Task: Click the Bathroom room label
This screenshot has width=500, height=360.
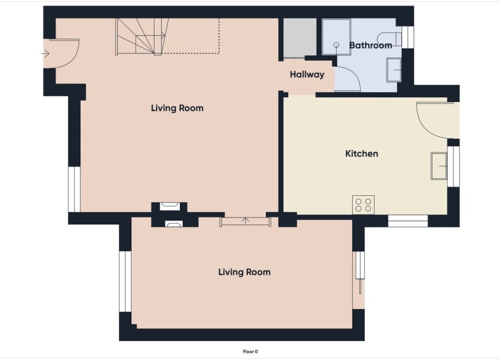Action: pyautogui.click(x=371, y=45)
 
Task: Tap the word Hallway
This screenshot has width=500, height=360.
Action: pyautogui.click(x=307, y=75)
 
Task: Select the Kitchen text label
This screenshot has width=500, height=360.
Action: pyautogui.click(x=361, y=154)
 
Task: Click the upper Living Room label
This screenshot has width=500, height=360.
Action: pyautogui.click(x=177, y=108)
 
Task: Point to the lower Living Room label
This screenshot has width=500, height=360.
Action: pyautogui.click(x=244, y=272)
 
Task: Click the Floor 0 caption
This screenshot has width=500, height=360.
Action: pyautogui.click(x=250, y=351)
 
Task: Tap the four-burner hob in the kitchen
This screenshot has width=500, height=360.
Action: pyautogui.click(x=363, y=205)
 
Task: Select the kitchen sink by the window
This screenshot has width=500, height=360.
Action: pyautogui.click(x=439, y=166)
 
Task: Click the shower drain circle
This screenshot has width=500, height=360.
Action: pyautogui.click(x=336, y=44)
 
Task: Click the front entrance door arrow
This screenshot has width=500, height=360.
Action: pyautogui.click(x=46, y=54)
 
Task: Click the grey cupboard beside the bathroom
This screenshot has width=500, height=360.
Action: pyautogui.click(x=299, y=38)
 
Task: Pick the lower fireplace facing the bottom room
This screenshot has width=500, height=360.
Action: pyautogui.click(x=173, y=224)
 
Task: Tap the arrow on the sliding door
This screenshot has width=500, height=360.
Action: pyautogui.click(x=246, y=220)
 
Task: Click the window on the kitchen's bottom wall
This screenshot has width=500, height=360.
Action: pyautogui.click(x=408, y=221)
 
